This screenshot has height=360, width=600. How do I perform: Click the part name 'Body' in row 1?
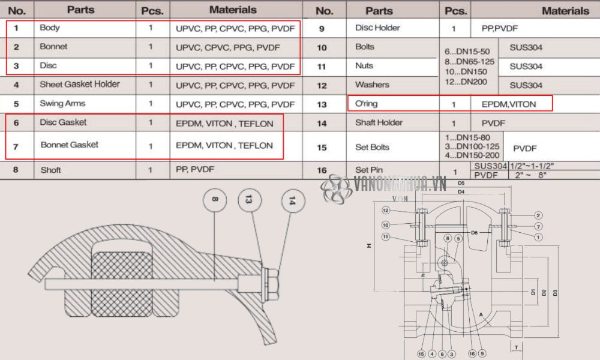coord(50,28)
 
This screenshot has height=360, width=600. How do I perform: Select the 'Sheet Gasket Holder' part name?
coord(79,85)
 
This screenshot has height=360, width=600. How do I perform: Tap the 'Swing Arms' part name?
coord(62,104)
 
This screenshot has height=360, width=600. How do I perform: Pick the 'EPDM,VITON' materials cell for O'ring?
coord(509,104)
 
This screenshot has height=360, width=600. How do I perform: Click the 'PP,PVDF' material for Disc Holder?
coord(499,28)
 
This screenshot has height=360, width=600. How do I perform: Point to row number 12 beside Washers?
coord(322,85)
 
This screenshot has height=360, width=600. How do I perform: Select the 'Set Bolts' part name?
coord(372,147)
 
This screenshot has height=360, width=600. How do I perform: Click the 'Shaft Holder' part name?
coord(379,123)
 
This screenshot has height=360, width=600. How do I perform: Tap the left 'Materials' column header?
coord(233,10)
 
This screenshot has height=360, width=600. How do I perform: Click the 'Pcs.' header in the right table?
coord(456,10)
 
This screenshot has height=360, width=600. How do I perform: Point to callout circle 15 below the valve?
coord(421,354)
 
